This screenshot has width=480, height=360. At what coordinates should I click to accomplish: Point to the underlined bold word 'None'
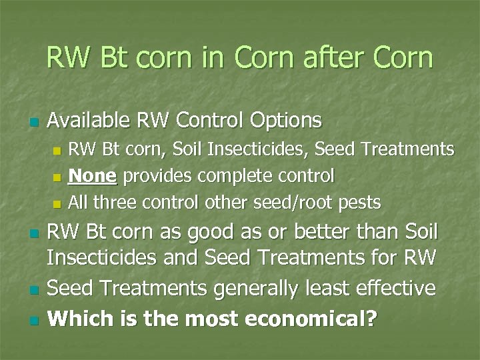[93, 176]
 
